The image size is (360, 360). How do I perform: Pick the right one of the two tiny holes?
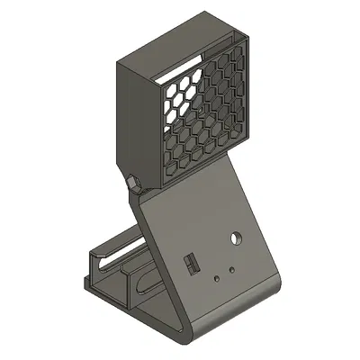click(x=231, y=270)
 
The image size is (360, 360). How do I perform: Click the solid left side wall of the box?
click(x=139, y=117)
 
